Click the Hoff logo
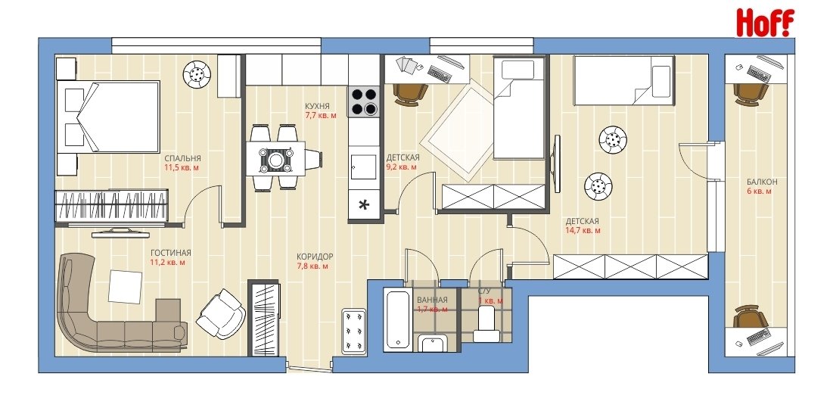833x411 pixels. pyautogui.click(x=764, y=23)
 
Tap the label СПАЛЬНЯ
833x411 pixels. pyautogui.click(x=183, y=158)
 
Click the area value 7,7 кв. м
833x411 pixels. pyautogui.click(x=321, y=115)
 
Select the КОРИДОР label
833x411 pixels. pyautogui.click(x=315, y=257)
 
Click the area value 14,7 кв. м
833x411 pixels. pyautogui.click(x=583, y=231)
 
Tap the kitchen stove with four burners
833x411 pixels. pyautogui.click(x=364, y=101)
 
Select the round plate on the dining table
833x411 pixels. pyautogui.click(x=276, y=160)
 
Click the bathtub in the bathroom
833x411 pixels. pyautogui.click(x=397, y=318)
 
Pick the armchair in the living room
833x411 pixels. pyautogui.click(x=220, y=313)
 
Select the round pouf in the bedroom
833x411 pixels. pyautogui.click(x=197, y=75)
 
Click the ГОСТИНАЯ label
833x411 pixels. pyautogui.click(x=170, y=253)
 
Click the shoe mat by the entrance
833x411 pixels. pyautogui.click(x=353, y=332)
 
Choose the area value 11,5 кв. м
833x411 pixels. pyautogui.click(x=183, y=168)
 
